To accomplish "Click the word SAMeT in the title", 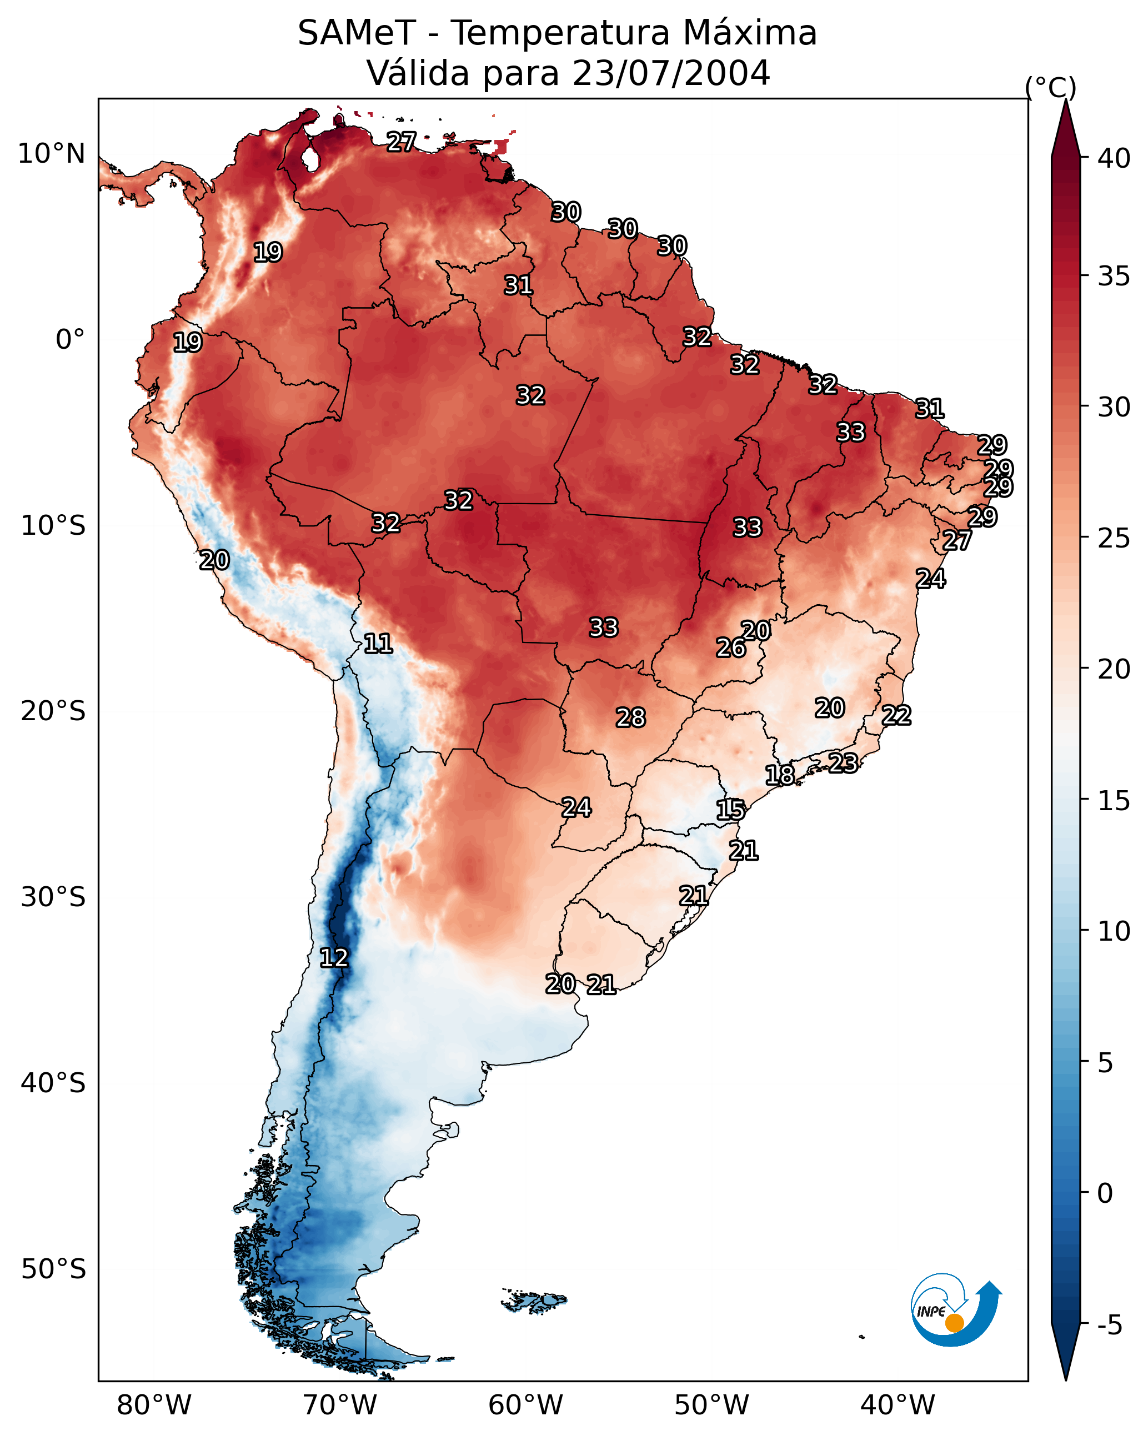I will pyautogui.click(x=357, y=33).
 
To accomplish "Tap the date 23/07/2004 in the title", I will pyautogui.click(x=670, y=73).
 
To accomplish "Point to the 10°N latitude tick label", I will pyautogui.click(x=51, y=154).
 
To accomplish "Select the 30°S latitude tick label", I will pyautogui.click(x=53, y=897).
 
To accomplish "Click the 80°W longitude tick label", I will pyautogui.click(x=154, y=1405).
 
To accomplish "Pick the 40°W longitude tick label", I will pyautogui.click(x=898, y=1405).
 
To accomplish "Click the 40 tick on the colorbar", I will pyautogui.click(x=1114, y=158).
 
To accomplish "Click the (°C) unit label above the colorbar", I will pyautogui.click(x=1050, y=87).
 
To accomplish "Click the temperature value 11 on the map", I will pyautogui.click(x=378, y=644).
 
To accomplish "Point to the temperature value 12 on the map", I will pyautogui.click(x=334, y=958).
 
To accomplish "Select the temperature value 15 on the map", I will pyautogui.click(x=730, y=810).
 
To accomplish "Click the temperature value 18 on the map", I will pyautogui.click(x=780, y=775).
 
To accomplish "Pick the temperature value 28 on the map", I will pyautogui.click(x=630, y=717).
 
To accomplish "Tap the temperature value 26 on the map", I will pyautogui.click(x=731, y=647).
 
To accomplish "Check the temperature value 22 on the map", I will pyautogui.click(x=896, y=715).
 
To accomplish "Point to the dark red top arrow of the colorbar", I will pyautogui.click(x=1065, y=130).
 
